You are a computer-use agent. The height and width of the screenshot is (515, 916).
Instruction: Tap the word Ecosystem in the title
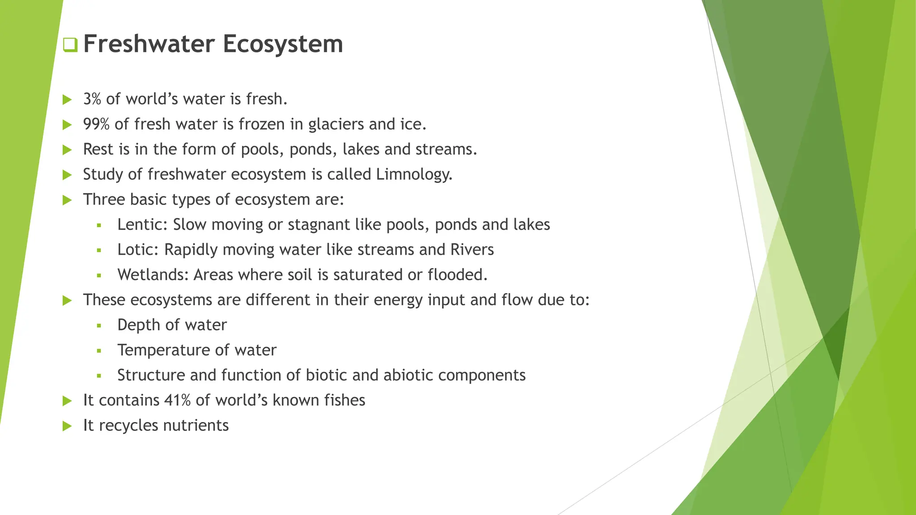tap(283, 44)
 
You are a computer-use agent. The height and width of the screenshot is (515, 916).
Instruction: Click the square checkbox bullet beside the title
tap(70, 45)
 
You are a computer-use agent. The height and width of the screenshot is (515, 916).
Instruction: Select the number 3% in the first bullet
tap(92, 99)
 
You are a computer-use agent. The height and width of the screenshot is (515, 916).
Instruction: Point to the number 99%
tap(96, 124)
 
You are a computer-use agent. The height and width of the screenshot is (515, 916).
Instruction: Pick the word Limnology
tap(414, 174)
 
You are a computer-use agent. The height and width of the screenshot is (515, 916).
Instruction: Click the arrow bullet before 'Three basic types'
tap(68, 200)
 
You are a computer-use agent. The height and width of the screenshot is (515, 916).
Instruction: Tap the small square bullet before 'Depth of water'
tap(99, 325)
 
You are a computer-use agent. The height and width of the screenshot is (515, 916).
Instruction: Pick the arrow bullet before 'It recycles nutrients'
tap(68, 426)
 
